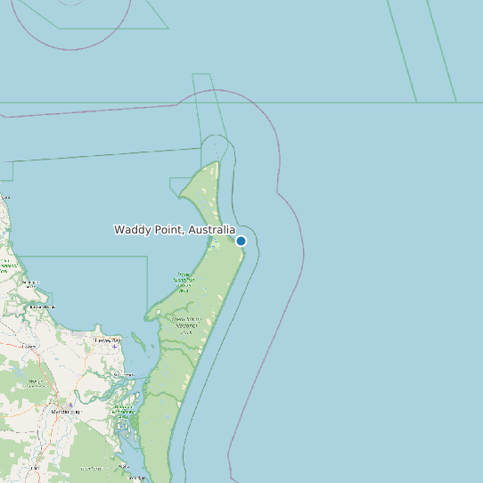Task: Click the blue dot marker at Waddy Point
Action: pyautogui.click(x=241, y=241)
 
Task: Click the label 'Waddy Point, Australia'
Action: pyautogui.click(x=175, y=230)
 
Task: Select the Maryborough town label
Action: pyautogui.click(x=65, y=412)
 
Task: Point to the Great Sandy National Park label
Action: pyautogui.click(x=187, y=324)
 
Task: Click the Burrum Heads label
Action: pyautogui.click(x=42, y=307)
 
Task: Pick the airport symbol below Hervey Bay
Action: pyautogui.click(x=114, y=347)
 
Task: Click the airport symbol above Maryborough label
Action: pyautogui.click(x=70, y=405)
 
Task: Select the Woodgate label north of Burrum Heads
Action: pyautogui.click(x=30, y=283)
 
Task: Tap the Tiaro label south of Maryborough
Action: pyautogui.click(x=91, y=467)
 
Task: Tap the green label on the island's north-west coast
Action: pyautogui.click(x=184, y=282)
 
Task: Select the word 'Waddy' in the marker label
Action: pyautogui.click(x=130, y=230)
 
